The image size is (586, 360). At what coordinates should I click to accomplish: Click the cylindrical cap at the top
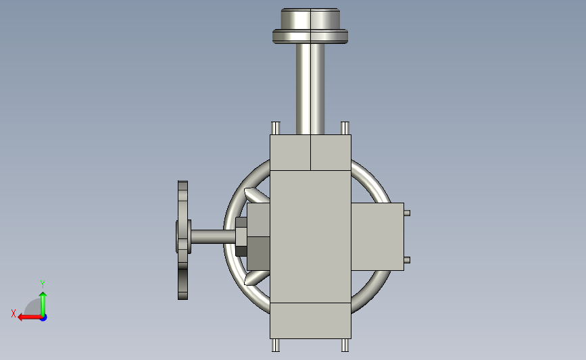(310, 18)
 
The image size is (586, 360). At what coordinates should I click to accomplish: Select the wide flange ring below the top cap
(310, 36)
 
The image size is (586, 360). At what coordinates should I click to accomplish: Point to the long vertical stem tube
(310, 89)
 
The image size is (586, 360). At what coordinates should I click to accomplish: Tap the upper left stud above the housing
(276, 128)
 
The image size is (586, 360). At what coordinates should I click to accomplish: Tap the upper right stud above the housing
(345, 128)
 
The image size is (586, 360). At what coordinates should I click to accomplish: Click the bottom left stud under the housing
(276, 345)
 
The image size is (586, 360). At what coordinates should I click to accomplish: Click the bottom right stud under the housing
(345, 345)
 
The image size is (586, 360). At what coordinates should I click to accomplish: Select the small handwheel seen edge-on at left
(182, 240)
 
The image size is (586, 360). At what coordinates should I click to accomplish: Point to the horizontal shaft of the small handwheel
(213, 236)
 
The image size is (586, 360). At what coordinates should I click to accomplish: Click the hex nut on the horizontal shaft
(241, 236)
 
